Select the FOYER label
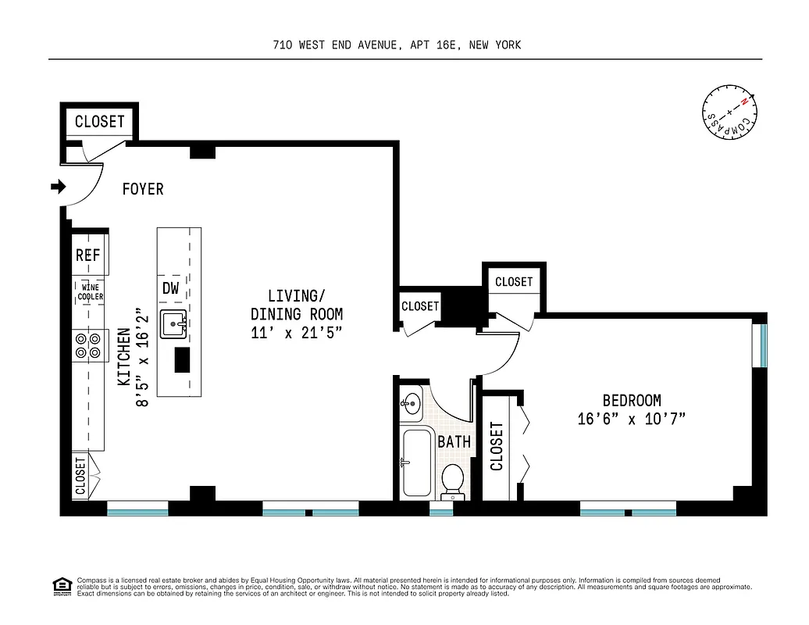[143, 189]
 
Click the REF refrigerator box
[89, 255]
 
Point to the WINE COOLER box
[89, 292]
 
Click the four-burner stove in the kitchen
[89, 345]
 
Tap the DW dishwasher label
[171, 287]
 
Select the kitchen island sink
[173, 323]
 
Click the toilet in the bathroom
[452, 480]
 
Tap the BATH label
[454, 441]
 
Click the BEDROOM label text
[631, 400]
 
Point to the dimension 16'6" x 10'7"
[631, 420]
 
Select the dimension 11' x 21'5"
[296, 332]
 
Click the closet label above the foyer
[99, 121]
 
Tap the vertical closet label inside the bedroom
[497, 446]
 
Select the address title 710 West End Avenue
[397, 45]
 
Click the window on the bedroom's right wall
[763, 345]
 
